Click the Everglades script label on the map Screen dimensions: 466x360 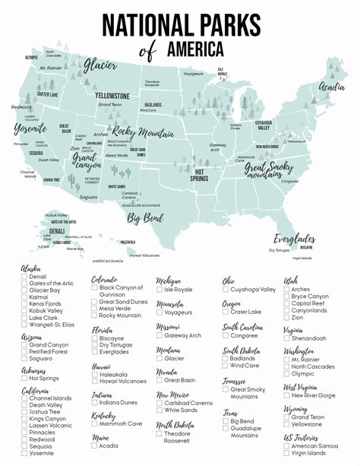[295, 237]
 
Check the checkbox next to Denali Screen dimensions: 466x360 [25, 277]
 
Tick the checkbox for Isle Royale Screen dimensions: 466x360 [159, 290]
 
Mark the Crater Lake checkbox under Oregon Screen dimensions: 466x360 [226, 312]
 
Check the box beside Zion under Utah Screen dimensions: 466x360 [286, 317]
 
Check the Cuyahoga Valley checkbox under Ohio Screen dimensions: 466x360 [226, 290]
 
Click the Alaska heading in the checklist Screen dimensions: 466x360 [31, 268]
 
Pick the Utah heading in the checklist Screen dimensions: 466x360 [291, 280]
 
